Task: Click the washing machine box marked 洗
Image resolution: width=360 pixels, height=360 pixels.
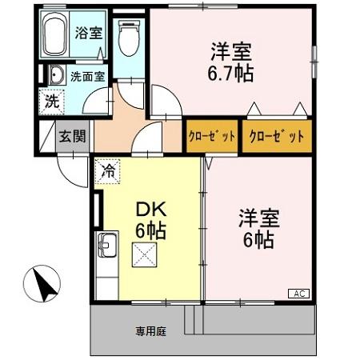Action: click(x=51, y=102)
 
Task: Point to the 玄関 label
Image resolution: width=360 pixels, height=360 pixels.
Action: click(x=71, y=136)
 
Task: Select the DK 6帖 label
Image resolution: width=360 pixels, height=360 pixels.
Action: click(x=150, y=221)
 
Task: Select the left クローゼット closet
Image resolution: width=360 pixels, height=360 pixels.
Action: click(x=212, y=136)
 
